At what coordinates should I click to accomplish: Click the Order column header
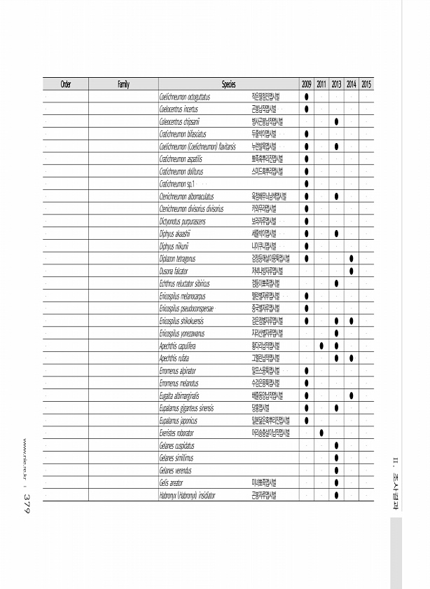coord(65,84)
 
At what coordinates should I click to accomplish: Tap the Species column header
coord(228,84)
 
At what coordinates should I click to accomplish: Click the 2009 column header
coord(306,84)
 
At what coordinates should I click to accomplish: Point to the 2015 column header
coord(366,84)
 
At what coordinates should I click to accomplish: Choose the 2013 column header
coord(336,84)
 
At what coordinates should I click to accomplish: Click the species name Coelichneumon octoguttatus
coord(185,97)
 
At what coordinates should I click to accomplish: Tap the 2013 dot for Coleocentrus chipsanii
coord(336,121)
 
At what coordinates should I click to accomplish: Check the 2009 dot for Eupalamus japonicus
coord(306,421)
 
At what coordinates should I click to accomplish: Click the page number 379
coord(26,502)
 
